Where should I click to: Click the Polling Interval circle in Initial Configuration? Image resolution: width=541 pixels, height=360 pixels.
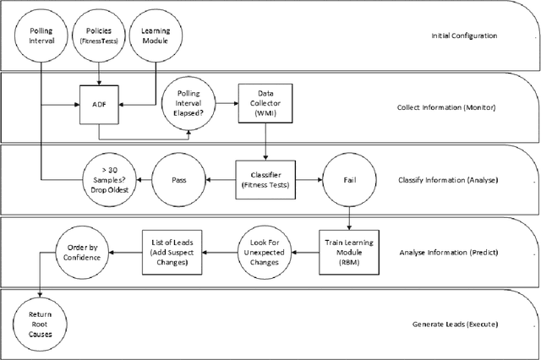[41, 37]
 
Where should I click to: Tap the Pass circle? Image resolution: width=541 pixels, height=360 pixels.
[179, 180]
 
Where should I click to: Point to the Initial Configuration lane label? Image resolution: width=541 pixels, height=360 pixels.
[464, 36]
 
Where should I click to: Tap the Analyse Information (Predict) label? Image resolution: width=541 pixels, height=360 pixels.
[445, 252]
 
